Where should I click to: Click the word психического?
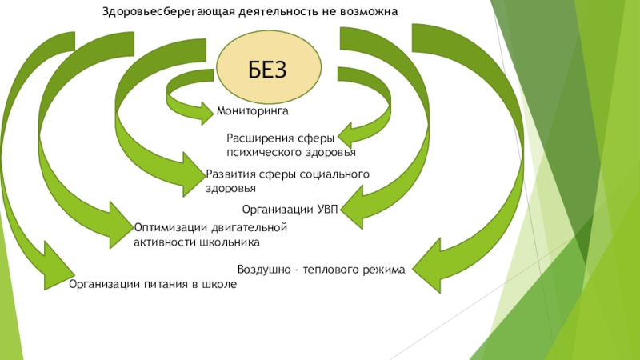[259, 151]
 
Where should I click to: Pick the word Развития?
[229, 174]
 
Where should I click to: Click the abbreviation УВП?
[328, 210]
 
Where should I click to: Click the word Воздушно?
[263, 270]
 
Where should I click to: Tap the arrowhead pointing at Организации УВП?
[352, 210]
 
